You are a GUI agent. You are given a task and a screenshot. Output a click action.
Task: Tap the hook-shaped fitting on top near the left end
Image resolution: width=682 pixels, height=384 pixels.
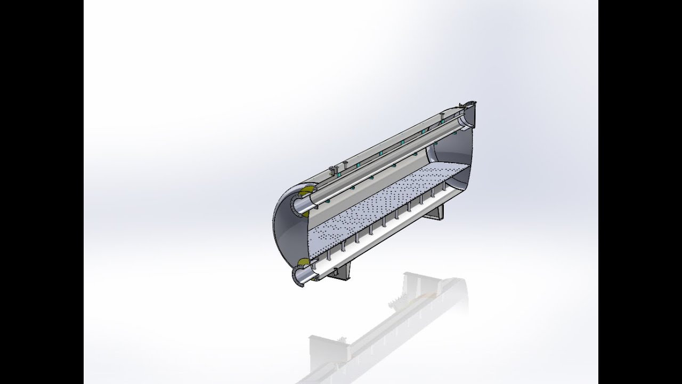tap(335, 170)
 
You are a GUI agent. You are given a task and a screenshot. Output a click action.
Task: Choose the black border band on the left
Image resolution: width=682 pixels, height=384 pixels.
tap(42, 192)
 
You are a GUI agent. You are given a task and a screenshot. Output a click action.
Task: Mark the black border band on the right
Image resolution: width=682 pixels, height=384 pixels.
tap(640, 192)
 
